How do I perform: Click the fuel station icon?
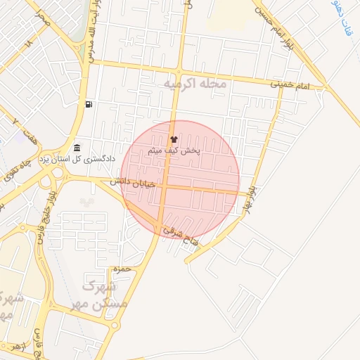point(89,105)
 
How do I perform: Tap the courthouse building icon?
point(76,148)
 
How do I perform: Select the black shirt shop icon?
point(174,139)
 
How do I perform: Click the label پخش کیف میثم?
point(174,150)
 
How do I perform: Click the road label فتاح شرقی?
point(182,236)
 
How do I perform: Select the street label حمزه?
point(120,269)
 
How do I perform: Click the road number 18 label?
point(29,43)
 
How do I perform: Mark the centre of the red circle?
point(180,180)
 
